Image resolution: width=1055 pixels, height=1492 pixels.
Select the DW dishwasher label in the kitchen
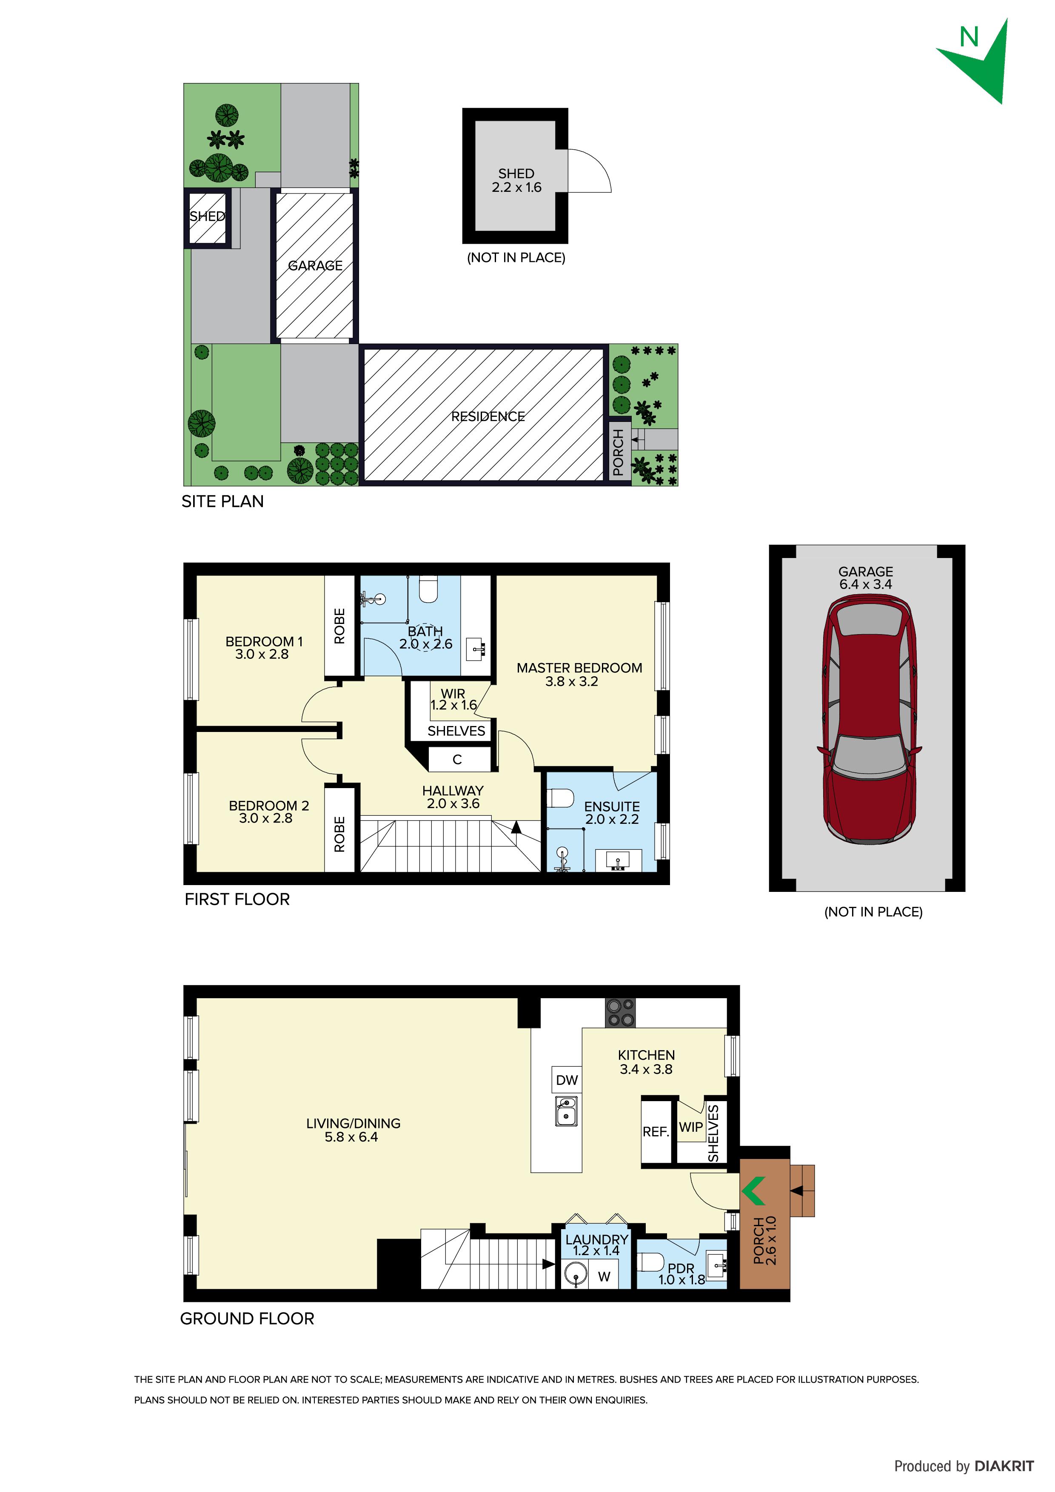point(566,1080)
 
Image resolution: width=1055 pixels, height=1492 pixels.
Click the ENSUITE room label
point(612,806)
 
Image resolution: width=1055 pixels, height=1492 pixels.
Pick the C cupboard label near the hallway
point(457,759)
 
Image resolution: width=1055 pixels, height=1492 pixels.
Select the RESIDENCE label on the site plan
point(488,416)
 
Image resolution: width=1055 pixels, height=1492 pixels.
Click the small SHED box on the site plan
point(207,217)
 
